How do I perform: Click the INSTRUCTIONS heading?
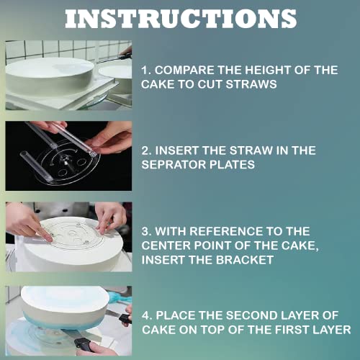click(181, 19)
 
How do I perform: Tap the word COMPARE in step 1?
click(184, 70)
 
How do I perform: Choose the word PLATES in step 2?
click(232, 165)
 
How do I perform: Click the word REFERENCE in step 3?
click(226, 231)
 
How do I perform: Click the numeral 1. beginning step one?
click(146, 70)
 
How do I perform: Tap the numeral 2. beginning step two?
click(146, 150)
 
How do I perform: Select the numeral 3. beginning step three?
click(146, 231)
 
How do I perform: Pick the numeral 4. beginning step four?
click(147, 315)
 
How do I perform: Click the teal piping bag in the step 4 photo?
click(119, 297)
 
